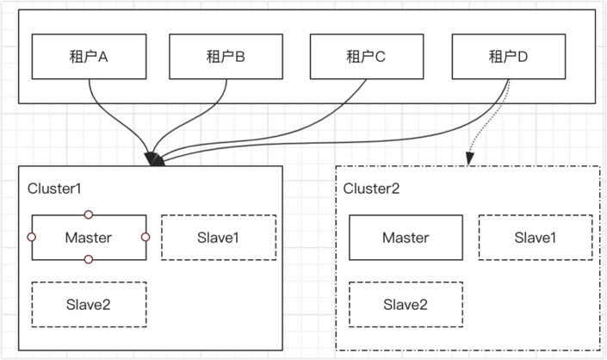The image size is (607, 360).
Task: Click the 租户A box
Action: pos(89,57)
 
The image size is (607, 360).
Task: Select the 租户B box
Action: pos(226,57)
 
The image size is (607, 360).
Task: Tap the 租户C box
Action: pos(367,57)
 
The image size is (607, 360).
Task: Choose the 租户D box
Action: pos(509,57)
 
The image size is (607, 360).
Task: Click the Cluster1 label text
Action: pos(54,189)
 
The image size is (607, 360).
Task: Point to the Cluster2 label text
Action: pos(371,189)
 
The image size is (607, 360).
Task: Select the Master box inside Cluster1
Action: pos(89,238)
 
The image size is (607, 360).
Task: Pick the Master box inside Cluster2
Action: pos(406,238)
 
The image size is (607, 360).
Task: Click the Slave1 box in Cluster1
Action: pos(219,238)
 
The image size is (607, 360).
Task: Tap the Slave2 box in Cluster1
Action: pos(89,305)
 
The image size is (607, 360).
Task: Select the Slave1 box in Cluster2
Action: pos(536,238)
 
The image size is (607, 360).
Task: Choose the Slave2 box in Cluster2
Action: pos(406,305)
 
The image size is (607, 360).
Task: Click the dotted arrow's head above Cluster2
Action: pos(469,158)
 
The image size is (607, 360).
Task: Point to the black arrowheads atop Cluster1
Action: pos(155,159)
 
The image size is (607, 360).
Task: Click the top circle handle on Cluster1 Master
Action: pos(89,214)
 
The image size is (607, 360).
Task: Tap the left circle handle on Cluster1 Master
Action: pos(32,237)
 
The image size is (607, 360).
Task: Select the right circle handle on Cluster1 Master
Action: pos(146,237)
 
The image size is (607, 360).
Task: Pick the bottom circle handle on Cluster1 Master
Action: pos(89,259)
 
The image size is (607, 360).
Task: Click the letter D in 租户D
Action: pos(523,58)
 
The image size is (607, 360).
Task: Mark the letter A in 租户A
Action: pos(102,58)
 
